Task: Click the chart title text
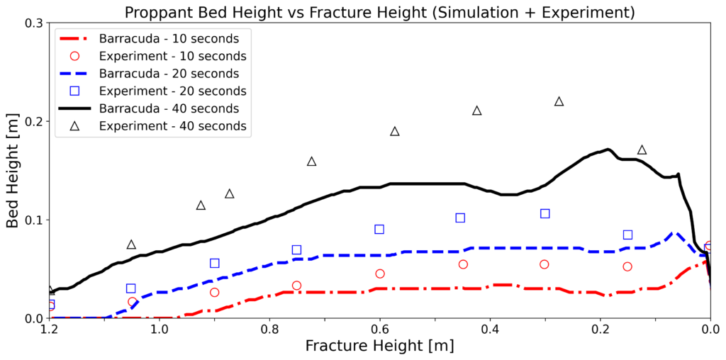[x=379, y=12]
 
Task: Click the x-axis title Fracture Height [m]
[x=379, y=346]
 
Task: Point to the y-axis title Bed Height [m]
[x=12, y=170]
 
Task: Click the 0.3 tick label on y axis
[x=33, y=23]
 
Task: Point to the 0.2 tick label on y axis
[x=33, y=121]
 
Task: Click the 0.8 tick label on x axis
[x=269, y=330]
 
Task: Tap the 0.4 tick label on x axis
[x=490, y=330]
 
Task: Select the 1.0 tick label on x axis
[x=159, y=330]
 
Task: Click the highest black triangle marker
[x=559, y=101]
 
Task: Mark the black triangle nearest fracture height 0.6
[x=395, y=131]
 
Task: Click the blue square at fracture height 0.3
[x=545, y=213]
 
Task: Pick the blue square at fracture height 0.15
[x=627, y=235]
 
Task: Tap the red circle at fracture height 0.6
[x=380, y=274]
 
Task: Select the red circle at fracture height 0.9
[x=214, y=292]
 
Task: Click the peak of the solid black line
[x=608, y=149]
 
